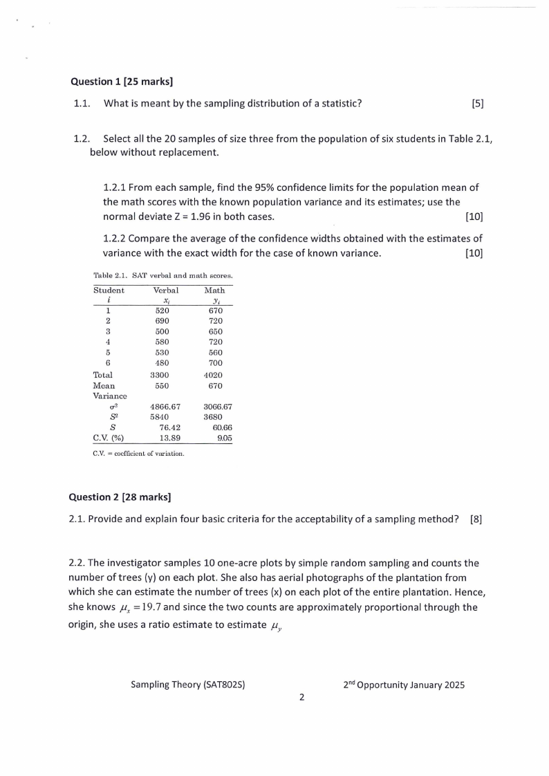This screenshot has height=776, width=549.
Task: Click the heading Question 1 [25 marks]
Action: (121, 81)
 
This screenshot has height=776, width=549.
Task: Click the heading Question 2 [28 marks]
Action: (120, 496)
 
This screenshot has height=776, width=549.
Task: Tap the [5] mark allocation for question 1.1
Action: (477, 104)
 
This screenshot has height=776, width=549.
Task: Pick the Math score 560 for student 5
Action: (216, 352)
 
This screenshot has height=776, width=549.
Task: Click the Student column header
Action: (109, 290)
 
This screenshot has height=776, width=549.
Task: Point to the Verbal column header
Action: (165, 290)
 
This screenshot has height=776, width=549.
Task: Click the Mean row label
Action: (104, 385)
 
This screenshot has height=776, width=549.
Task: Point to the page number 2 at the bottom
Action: (301, 697)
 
